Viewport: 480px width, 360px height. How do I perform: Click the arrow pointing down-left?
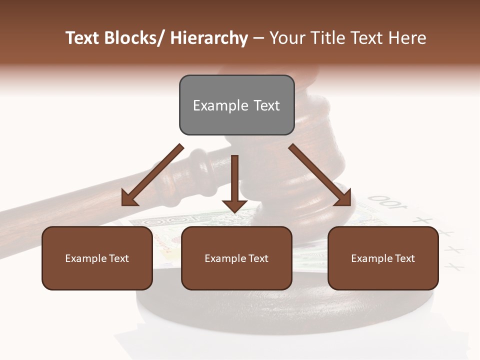[152, 175]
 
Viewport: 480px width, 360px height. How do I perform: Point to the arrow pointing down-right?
[320, 175]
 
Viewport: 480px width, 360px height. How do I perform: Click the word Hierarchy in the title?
[209, 38]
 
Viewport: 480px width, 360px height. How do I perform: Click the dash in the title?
[258, 38]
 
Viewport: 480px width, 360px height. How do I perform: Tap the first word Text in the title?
[82, 38]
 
